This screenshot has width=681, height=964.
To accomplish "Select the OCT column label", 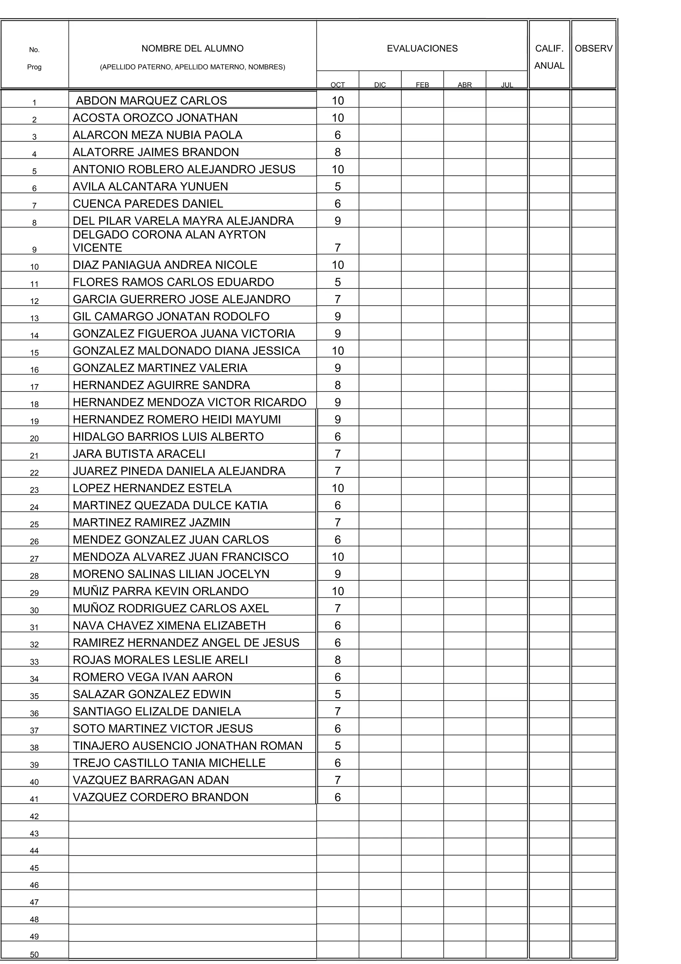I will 338,85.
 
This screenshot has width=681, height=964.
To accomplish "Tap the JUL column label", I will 507,85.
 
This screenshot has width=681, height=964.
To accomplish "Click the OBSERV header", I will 593,49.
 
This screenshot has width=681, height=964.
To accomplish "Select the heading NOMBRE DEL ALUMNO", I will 192,49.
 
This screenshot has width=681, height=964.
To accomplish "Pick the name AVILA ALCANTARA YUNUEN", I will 150,186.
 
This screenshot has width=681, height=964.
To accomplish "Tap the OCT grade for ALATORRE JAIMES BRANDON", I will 338,152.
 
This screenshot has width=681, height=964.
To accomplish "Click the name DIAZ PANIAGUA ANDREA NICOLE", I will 165,265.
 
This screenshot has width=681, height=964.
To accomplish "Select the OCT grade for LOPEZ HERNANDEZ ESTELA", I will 338,488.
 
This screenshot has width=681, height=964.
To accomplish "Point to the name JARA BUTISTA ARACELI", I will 139,454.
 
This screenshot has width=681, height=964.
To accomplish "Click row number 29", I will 34,593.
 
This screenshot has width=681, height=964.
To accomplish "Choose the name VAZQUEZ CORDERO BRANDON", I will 161,797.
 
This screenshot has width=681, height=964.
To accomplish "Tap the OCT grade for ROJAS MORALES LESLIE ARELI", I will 338,660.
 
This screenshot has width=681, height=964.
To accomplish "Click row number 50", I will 34,954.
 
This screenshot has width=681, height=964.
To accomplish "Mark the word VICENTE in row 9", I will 97,248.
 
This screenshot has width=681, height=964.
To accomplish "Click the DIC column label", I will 380,85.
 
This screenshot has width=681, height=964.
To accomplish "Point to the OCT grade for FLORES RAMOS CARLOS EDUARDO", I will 338,282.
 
